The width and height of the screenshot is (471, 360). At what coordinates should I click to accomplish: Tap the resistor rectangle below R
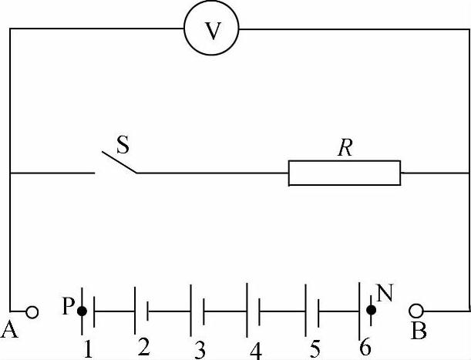click(345, 173)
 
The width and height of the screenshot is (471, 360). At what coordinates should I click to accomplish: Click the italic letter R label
click(344, 149)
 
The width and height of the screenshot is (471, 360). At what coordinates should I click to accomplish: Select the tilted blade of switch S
click(116, 160)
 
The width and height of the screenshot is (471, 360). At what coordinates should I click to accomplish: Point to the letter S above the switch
click(123, 143)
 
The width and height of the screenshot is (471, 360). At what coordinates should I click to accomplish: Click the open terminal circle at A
click(32, 311)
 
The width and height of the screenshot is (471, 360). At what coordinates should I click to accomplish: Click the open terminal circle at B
click(416, 311)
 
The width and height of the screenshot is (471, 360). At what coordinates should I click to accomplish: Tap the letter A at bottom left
click(11, 331)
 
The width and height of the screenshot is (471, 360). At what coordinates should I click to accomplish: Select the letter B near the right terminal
click(419, 331)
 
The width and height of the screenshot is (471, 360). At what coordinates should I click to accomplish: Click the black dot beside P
click(82, 311)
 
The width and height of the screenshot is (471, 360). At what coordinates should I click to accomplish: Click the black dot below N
click(371, 311)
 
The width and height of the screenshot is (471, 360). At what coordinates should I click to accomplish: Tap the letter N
click(384, 292)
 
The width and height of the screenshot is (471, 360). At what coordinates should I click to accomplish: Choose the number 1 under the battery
click(88, 348)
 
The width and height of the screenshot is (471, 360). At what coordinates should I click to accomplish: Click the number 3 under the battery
click(200, 349)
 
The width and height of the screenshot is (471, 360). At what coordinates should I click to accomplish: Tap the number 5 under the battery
click(315, 348)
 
